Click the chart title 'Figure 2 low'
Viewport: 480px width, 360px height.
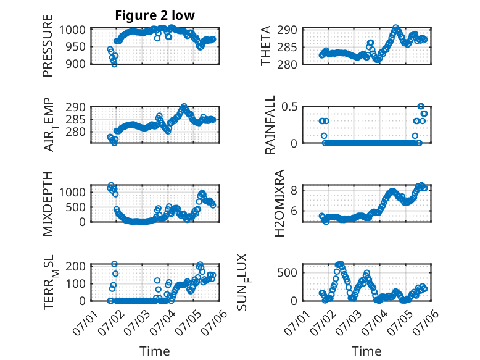click(155, 15)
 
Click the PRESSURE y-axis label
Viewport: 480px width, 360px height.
click(48, 46)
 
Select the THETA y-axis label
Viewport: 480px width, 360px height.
click(266, 46)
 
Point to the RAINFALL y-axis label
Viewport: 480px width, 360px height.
click(270, 125)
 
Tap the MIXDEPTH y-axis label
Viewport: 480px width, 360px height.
click(48, 204)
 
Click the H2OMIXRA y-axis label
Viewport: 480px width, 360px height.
click(279, 203)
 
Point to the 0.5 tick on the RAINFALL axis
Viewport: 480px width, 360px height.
click(289, 107)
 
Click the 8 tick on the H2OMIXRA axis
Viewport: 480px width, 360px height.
click(294, 191)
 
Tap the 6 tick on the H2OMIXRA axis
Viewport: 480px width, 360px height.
click(294, 211)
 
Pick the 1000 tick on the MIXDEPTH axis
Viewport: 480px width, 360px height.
click(73, 193)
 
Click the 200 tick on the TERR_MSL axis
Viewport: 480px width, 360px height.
click(77, 266)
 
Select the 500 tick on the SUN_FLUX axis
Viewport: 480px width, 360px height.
click(287, 273)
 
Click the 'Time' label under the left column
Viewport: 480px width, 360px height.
click(155, 351)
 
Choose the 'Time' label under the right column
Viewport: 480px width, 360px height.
click(366, 351)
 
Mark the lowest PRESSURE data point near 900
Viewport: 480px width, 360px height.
click(114, 64)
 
